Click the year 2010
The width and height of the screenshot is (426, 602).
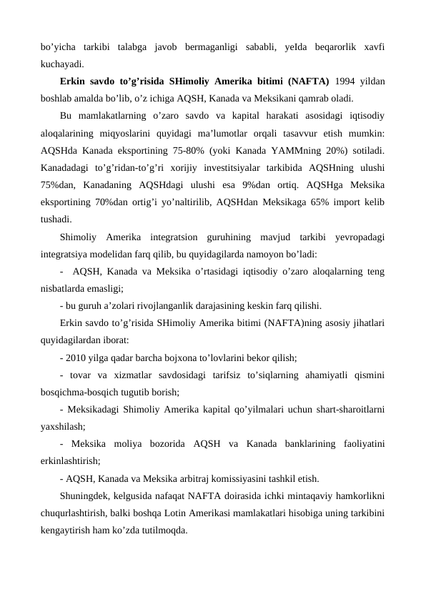coord(78,356)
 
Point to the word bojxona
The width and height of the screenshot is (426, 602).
coord(209,356)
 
